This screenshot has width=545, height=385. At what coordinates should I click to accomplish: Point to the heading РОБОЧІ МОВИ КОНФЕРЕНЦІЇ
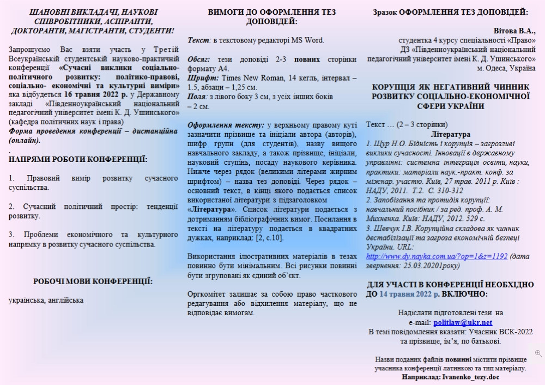(93, 281)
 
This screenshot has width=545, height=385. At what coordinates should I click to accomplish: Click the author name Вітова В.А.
(513, 31)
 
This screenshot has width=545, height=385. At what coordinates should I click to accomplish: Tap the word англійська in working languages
(65, 300)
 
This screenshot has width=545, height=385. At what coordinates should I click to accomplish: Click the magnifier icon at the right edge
(538, 353)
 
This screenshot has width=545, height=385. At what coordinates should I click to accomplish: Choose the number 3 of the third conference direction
(11, 234)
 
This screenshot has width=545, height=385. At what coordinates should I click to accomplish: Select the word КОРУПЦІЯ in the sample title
(391, 87)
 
